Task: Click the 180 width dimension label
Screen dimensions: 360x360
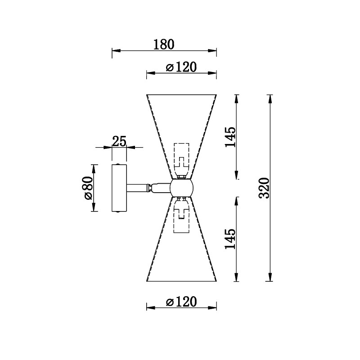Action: (164, 45)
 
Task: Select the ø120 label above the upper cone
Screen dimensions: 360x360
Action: (181, 67)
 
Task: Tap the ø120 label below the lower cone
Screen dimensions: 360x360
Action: (181, 301)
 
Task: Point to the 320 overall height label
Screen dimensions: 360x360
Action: (264, 188)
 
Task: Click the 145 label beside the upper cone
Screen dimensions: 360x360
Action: (230, 137)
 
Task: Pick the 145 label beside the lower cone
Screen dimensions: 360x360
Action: (230, 239)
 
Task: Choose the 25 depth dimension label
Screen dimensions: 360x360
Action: (119, 141)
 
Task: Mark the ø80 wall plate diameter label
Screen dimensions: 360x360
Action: (88, 188)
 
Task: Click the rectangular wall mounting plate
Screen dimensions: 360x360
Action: (119, 188)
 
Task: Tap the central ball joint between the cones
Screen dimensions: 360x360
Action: (182, 188)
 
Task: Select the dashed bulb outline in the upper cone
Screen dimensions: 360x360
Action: (182, 161)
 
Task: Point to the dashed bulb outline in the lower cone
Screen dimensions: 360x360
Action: (182, 215)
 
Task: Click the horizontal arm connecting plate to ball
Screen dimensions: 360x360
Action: (148, 188)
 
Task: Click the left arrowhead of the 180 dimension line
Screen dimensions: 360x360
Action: (117, 51)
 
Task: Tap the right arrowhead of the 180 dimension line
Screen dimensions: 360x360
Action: (212, 51)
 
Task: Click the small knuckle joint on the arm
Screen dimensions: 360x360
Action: (150, 188)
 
